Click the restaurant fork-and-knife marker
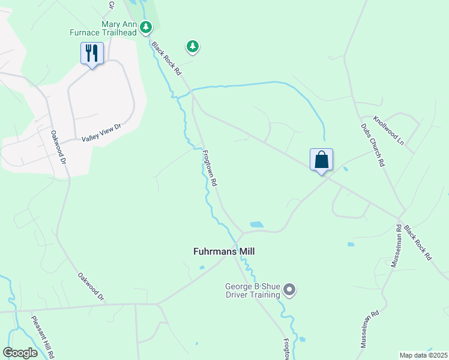click(92, 53)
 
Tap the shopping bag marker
click(321, 160)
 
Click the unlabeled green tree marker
click(192, 46)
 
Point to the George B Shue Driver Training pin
click(289, 290)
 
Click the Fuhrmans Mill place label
click(223, 252)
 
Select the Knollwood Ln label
click(388, 130)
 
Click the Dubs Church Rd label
click(372, 145)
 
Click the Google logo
click(20, 353)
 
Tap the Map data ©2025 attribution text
click(423, 355)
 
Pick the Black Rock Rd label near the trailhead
click(166, 58)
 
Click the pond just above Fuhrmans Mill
click(256, 225)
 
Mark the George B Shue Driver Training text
click(253, 290)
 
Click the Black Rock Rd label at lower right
click(418, 242)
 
